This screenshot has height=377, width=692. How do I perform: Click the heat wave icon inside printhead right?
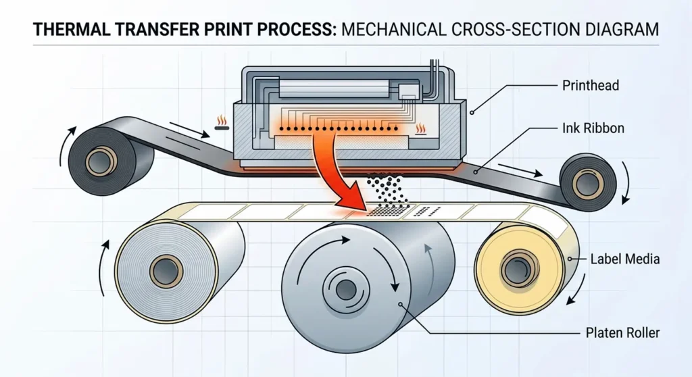420,128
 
